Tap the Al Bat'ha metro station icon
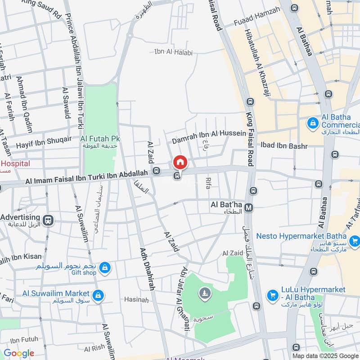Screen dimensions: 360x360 point(249,207)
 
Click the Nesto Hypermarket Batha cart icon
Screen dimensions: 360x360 point(355,242)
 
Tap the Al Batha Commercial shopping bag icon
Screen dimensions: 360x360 point(311,122)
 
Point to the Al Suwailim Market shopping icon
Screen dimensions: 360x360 point(98,296)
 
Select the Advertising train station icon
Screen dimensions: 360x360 point(48,220)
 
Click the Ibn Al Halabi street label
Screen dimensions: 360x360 point(173,53)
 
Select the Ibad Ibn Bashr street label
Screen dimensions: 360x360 point(284,146)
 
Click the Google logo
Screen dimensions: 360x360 point(19,353)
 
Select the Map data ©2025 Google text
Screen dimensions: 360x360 point(325,355)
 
